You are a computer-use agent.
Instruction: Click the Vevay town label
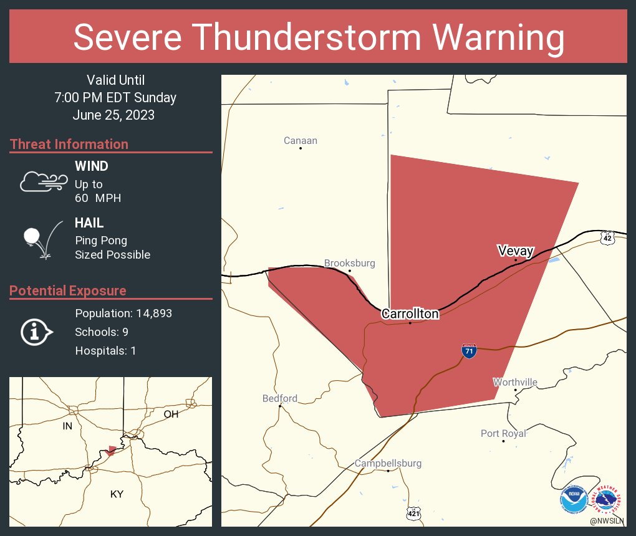[x=516, y=251]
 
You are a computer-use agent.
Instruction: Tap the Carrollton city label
[x=410, y=313]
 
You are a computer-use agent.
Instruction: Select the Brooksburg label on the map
[x=349, y=263]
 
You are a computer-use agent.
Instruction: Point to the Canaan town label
[x=300, y=141]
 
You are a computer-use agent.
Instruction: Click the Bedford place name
[x=279, y=398]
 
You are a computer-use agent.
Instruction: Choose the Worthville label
[x=515, y=382]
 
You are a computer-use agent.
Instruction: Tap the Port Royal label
[x=503, y=433]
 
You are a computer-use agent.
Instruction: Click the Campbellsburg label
[x=388, y=463]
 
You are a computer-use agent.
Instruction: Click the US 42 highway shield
[x=607, y=237]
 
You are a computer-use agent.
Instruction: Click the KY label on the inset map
[x=117, y=494]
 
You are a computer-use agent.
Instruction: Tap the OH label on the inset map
[x=170, y=414]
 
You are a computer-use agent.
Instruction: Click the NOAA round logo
[x=574, y=499]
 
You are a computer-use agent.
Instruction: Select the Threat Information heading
[x=69, y=144]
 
